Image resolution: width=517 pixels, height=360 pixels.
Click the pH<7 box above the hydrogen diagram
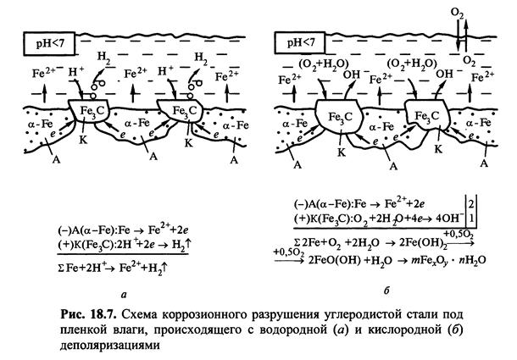click(x=41, y=38)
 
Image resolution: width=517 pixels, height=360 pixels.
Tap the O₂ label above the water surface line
click(x=459, y=13)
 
